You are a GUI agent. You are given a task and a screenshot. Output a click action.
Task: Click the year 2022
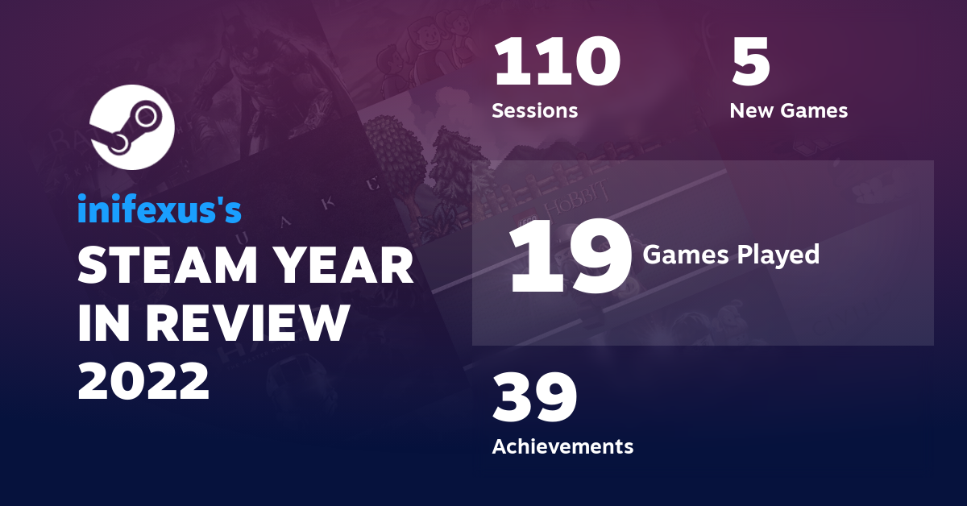pyautogui.click(x=143, y=380)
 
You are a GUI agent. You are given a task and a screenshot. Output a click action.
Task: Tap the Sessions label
pyautogui.click(x=535, y=110)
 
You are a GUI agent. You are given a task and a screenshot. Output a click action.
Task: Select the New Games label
pyautogui.click(x=788, y=110)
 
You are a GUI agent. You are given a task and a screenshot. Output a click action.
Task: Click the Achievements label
pyautogui.click(x=562, y=446)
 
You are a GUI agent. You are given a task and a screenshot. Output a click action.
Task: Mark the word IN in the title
pyautogui.click(x=104, y=324)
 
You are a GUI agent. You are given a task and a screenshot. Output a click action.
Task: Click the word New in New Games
pyautogui.click(x=751, y=110)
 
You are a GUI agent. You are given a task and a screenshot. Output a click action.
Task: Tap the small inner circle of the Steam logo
pyautogui.click(x=146, y=118)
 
